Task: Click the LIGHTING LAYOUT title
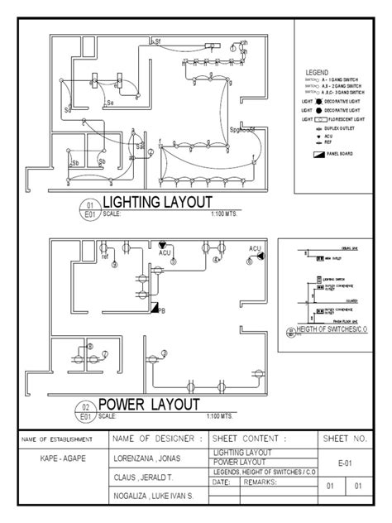click(x=156, y=202)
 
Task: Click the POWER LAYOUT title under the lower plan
click(x=149, y=405)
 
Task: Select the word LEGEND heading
click(x=318, y=74)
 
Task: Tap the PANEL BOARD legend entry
click(x=334, y=154)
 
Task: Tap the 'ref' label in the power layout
click(x=105, y=257)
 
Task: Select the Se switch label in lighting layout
click(x=111, y=103)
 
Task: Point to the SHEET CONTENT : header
click(x=250, y=438)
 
